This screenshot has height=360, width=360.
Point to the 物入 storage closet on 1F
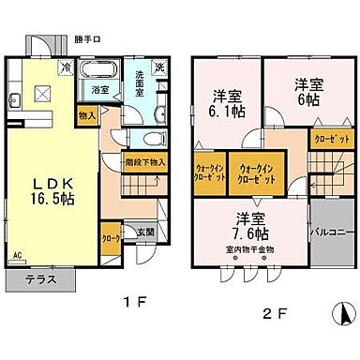click(87, 115)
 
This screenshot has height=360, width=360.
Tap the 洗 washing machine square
click(159, 67)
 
